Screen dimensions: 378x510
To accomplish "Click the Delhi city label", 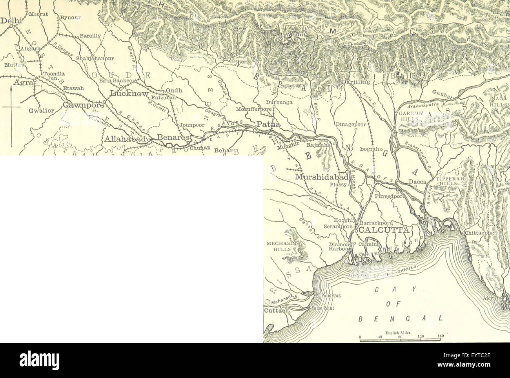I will (9, 22).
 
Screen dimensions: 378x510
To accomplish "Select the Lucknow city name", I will (129, 94).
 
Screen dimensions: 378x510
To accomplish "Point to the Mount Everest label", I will (297, 37).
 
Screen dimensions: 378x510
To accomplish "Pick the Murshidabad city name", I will (321, 177).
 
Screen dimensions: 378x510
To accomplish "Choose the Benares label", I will (173, 138).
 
